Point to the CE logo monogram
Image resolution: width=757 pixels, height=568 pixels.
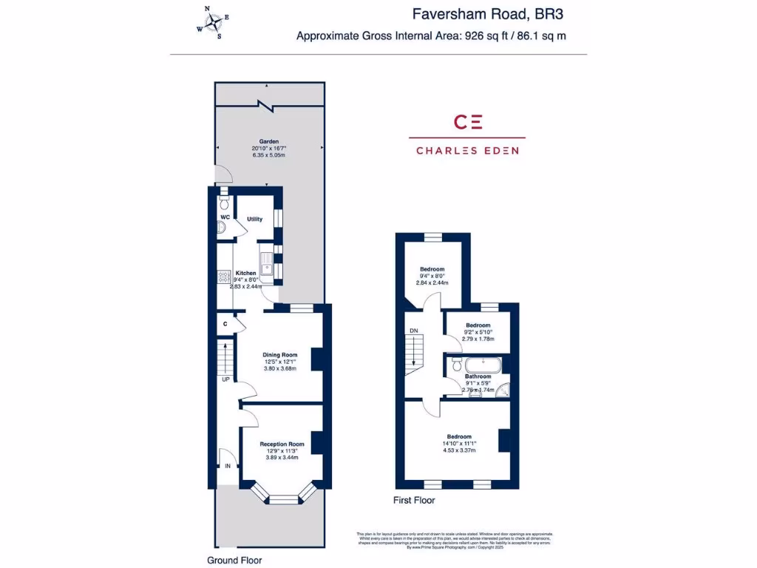tap(467, 122)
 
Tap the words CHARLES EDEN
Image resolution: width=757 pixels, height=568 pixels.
tap(467, 150)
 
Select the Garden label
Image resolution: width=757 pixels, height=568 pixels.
tap(268, 141)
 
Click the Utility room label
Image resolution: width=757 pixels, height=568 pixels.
tap(254, 219)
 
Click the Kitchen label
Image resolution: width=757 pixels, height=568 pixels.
tap(245, 273)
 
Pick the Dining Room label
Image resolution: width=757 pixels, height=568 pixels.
tap(279, 355)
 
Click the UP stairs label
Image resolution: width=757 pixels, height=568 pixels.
tap(225, 379)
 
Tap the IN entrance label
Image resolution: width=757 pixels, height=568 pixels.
tap(228, 466)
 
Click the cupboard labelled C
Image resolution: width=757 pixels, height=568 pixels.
tap(225, 324)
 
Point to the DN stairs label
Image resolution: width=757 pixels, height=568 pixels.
tap(414, 331)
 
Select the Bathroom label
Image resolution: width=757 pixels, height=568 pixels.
tap(478, 376)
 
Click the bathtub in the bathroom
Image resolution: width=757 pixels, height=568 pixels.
tap(482, 365)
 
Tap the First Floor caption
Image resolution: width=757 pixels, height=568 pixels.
tap(414, 500)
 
